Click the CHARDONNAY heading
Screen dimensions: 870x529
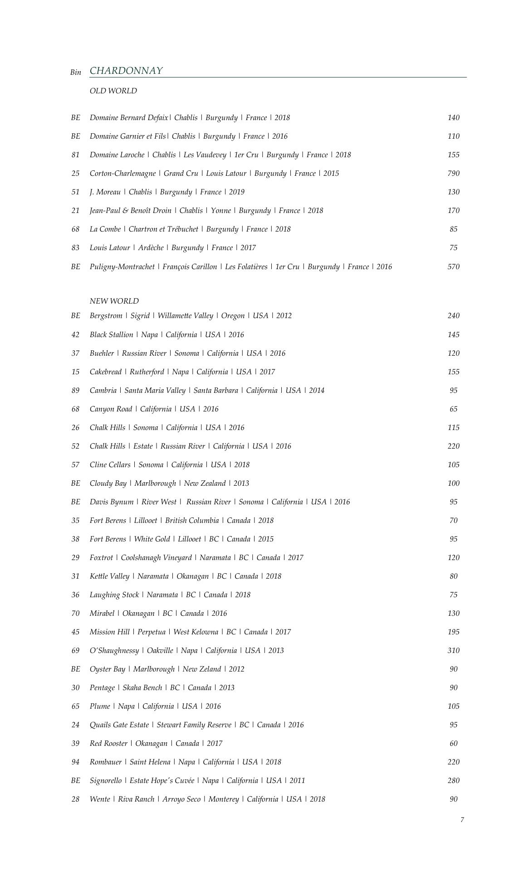coord(126,71)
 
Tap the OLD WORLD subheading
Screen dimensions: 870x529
coord(113,91)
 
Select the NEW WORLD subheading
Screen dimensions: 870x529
coord(114,301)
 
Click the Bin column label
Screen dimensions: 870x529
coord(76,72)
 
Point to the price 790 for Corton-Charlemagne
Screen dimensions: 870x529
coord(453,174)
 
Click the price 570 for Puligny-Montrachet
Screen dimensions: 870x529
coord(453,267)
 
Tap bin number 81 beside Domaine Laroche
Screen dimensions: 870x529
coord(75,155)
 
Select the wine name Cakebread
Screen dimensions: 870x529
coord(105,372)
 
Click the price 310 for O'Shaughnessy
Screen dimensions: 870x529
coord(453,651)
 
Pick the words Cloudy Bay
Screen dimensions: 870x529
coord(108,483)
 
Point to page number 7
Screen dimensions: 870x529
coord(462,820)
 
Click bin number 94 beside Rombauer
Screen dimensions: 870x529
coord(75,762)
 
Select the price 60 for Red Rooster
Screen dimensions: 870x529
coord(453,744)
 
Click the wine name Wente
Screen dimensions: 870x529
coord(100,799)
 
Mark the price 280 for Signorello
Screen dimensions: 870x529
coord(453,781)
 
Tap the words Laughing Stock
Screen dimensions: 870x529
coord(114,595)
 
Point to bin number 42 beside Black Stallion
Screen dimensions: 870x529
coord(75,335)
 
